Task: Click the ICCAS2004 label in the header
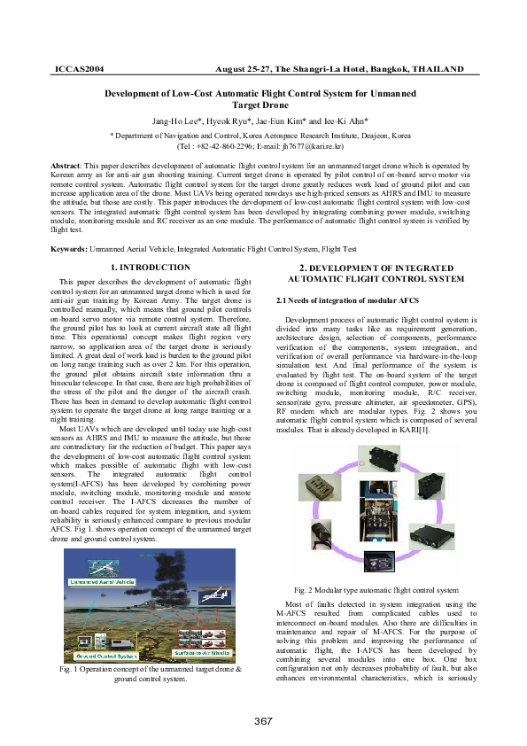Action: pyautogui.click(x=80, y=68)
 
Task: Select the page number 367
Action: pyautogui.click(x=263, y=720)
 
